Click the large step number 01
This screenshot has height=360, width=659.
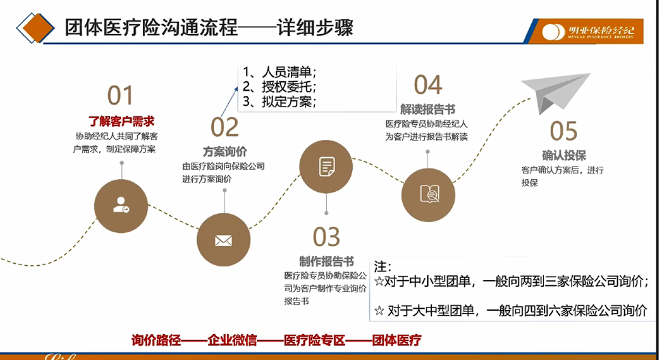(x=120, y=96)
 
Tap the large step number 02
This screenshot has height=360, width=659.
(x=224, y=127)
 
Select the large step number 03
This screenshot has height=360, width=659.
(x=326, y=236)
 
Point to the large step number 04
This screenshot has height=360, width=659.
(x=428, y=85)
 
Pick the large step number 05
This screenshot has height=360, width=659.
(x=564, y=130)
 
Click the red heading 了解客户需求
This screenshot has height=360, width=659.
(x=121, y=122)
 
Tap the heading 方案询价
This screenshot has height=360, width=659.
(x=225, y=151)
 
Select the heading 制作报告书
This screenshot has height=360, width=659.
(x=327, y=262)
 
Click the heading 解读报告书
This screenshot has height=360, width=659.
(x=427, y=110)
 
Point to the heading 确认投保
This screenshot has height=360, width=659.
(x=564, y=156)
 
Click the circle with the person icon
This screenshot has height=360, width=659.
(x=121, y=206)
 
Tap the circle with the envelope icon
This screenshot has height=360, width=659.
(x=224, y=240)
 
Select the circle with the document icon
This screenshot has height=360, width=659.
(x=326, y=167)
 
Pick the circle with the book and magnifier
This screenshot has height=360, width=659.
(x=428, y=195)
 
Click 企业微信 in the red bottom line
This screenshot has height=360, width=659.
(x=232, y=340)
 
